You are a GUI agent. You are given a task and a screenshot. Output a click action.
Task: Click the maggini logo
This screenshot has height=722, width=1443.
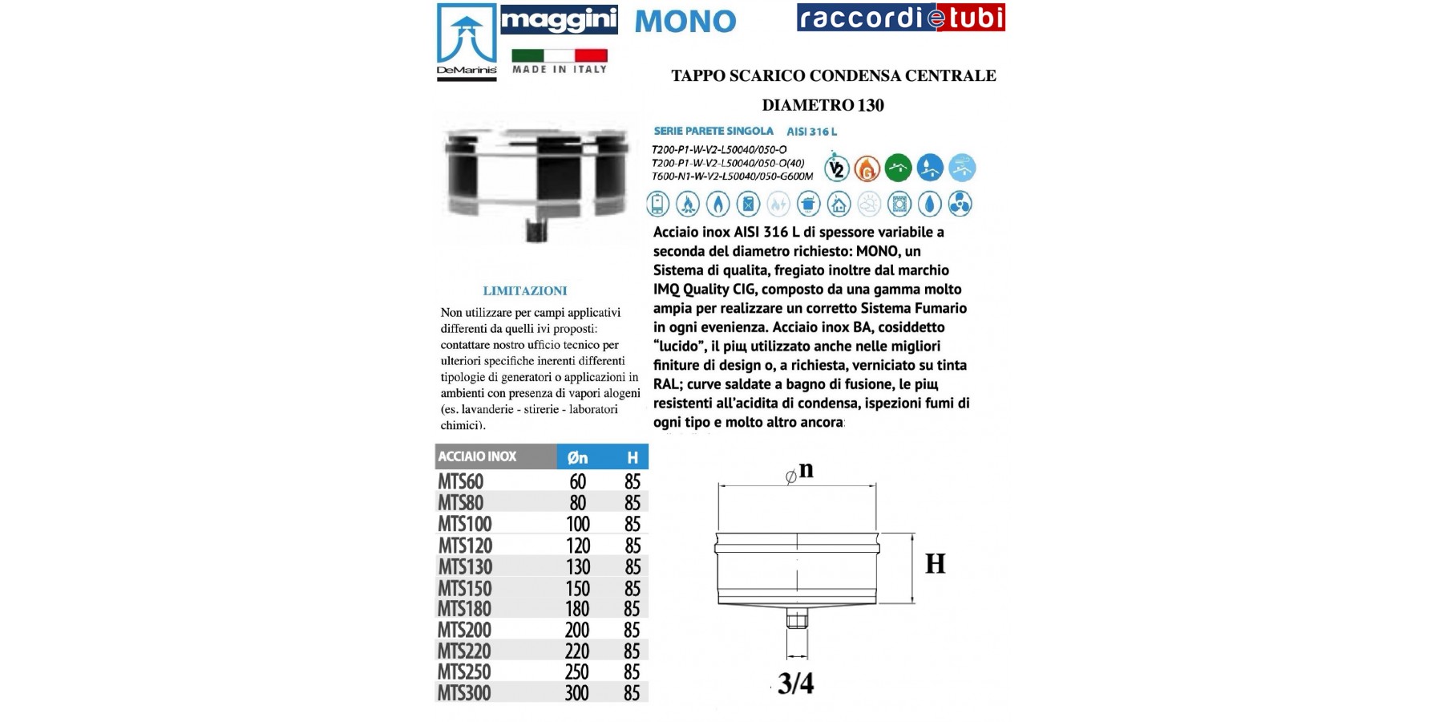click(x=559, y=19)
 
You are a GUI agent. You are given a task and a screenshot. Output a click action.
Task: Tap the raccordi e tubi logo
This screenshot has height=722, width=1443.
click(x=900, y=18)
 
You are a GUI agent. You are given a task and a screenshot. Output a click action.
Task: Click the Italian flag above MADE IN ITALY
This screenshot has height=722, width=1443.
click(x=560, y=55)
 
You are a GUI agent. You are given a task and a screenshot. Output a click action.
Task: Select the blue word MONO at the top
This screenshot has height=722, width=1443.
click(x=685, y=22)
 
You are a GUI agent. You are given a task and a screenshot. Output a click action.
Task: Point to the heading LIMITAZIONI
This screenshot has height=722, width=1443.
click(x=525, y=291)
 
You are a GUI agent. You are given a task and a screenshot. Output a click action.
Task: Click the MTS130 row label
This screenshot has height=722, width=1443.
click(x=465, y=567)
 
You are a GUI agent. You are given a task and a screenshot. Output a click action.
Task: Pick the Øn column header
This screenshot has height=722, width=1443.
click(x=577, y=457)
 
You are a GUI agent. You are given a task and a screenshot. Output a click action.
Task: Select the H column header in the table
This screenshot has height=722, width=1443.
click(x=633, y=457)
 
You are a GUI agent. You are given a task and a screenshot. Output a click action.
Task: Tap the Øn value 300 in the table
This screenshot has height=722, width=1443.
click(x=577, y=693)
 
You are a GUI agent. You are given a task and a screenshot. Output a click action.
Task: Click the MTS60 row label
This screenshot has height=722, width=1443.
click(x=460, y=481)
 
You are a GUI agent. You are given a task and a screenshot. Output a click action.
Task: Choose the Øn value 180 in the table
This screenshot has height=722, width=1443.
click(x=577, y=609)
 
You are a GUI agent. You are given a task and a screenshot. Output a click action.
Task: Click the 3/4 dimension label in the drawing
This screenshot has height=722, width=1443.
click(x=795, y=683)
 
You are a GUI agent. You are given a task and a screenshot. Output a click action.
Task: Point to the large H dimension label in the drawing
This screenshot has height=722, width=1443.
click(x=935, y=565)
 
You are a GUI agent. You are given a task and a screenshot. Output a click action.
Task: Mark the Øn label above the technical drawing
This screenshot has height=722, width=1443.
click(x=800, y=471)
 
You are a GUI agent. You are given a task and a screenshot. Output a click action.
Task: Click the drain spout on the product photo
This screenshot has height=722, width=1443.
click(x=535, y=231)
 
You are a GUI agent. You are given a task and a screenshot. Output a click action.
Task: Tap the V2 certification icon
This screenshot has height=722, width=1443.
click(x=837, y=168)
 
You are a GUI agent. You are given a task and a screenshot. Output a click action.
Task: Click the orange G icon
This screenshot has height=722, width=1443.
click(x=867, y=168)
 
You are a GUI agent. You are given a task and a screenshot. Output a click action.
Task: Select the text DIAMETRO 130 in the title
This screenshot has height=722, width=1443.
click(x=823, y=105)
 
